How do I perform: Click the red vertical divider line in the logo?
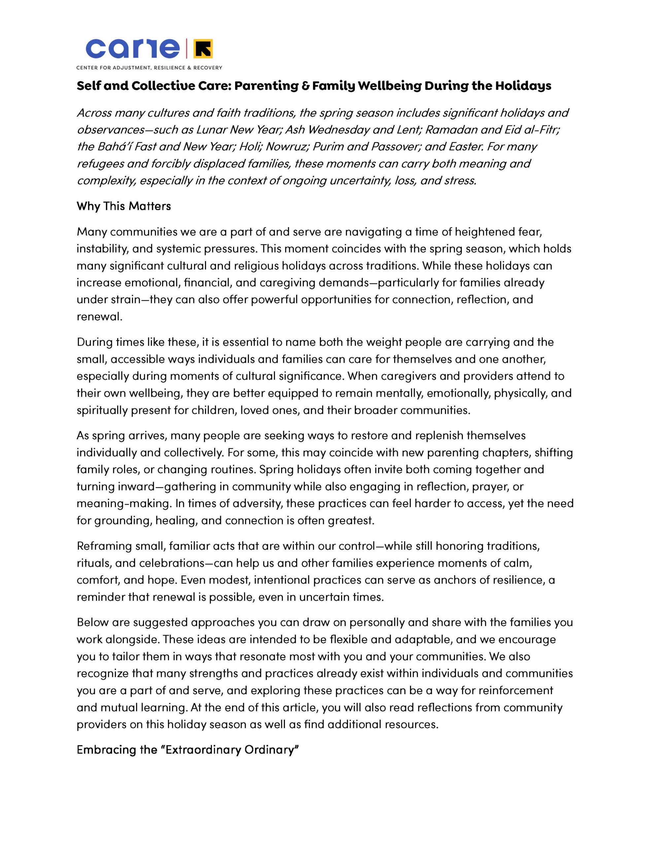tap(187, 49)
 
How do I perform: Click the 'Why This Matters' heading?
tap(123, 206)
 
